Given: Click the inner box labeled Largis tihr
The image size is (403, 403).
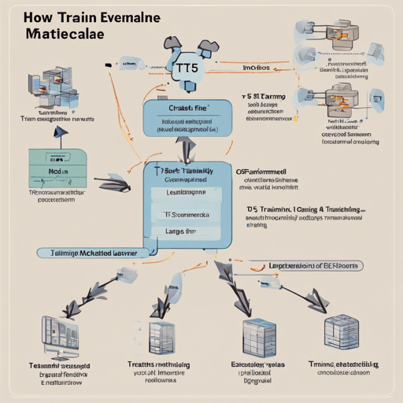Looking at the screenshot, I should pos(184,232).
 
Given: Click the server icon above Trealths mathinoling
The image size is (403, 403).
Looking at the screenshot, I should pos(161,335).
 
